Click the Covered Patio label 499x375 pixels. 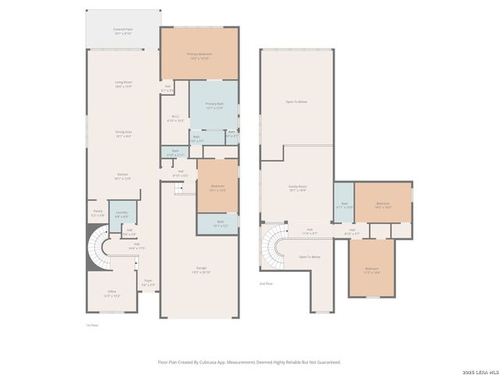122,30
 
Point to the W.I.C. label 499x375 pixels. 175,120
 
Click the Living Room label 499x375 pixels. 122,83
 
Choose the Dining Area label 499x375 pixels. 122,134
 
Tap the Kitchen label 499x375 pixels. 122,176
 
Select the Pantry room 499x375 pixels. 97,212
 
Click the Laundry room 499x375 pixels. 122,214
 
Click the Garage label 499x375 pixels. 200,270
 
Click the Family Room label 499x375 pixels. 297,188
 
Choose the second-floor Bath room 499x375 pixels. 344,206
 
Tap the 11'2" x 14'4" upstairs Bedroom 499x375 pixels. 371,270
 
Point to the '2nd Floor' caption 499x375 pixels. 267,284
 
